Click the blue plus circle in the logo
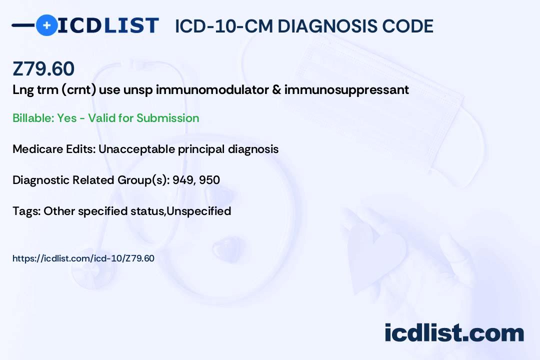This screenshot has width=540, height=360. click(x=46, y=25)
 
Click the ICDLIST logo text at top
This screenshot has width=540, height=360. click(x=108, y=25)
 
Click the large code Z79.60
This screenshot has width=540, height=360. click(x=43, y=69)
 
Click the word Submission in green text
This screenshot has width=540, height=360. click(x=167, y=118)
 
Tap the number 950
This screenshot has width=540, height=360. click(x=209, y=180)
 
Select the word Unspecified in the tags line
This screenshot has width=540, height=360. click(x=198, y=211)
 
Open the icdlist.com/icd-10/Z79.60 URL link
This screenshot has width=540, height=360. click(x=83, y=258)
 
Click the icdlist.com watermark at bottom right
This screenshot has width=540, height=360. click(x=454, y=332)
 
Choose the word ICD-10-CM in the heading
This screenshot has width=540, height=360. click(x=223, y=26)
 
